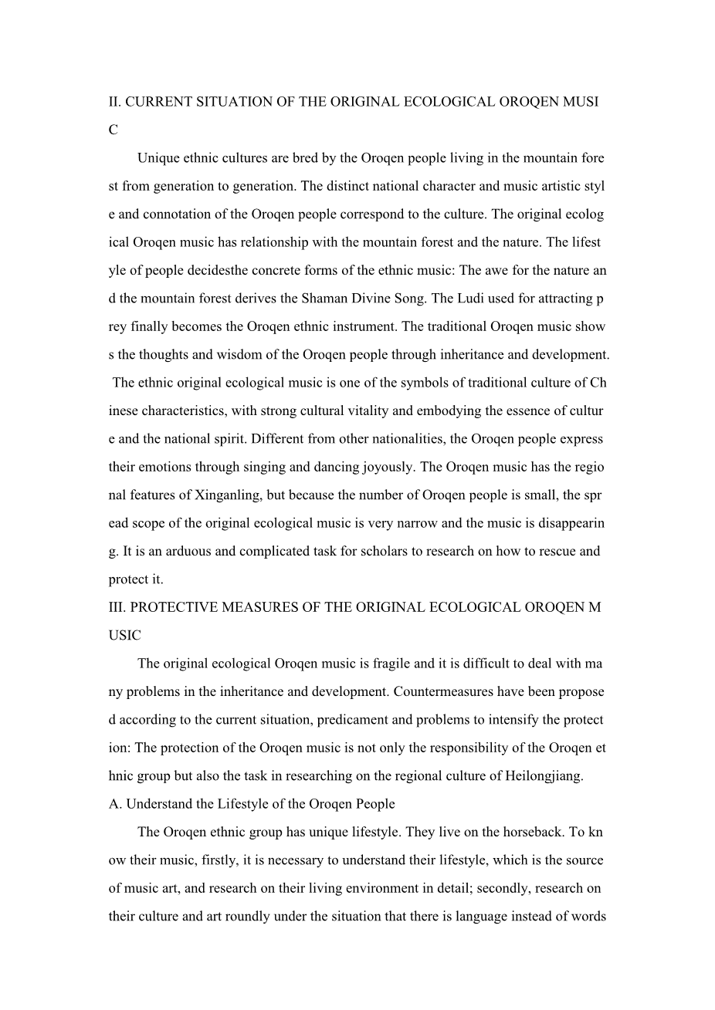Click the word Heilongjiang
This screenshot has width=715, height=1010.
coord(545,776)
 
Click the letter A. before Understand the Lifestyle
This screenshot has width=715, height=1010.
coord(116,804)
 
